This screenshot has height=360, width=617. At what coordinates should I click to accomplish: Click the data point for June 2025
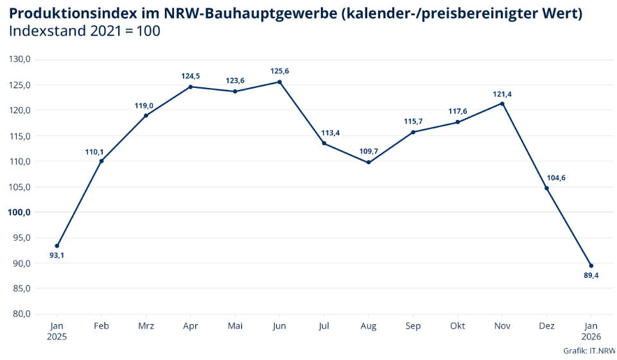click(x=279, y=81)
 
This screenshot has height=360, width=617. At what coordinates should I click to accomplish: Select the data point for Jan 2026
click(x=591, y=266)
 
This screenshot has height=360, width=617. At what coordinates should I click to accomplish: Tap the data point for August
click(x=369, y=162)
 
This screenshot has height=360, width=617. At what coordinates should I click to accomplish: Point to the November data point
click(x=502, y=103)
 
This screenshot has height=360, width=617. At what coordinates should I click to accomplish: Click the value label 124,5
click(x=191, y=76)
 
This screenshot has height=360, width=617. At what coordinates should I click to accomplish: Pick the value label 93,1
click(x=57, y=255)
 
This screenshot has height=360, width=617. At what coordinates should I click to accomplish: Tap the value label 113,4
click(x=331, y=133)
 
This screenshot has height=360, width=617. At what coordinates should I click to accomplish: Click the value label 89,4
click(x=591, y=275)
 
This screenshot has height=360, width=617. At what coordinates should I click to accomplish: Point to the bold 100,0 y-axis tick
click(x=19, y=212)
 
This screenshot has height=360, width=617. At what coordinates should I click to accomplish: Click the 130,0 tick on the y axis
click(x=20, y=60)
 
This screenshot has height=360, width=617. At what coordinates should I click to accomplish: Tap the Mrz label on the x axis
click(x=146, y=326)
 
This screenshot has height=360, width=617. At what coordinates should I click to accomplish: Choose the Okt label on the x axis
click(x=458, y=326)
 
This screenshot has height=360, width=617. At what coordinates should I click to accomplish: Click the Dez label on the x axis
click(x=546, y=326)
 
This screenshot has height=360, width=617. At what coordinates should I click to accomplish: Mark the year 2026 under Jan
click(x=591, y=336)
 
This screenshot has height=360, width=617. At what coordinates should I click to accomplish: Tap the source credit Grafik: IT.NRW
click(x=589, y=350)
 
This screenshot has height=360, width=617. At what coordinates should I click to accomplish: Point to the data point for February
click(x=101, y=160)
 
